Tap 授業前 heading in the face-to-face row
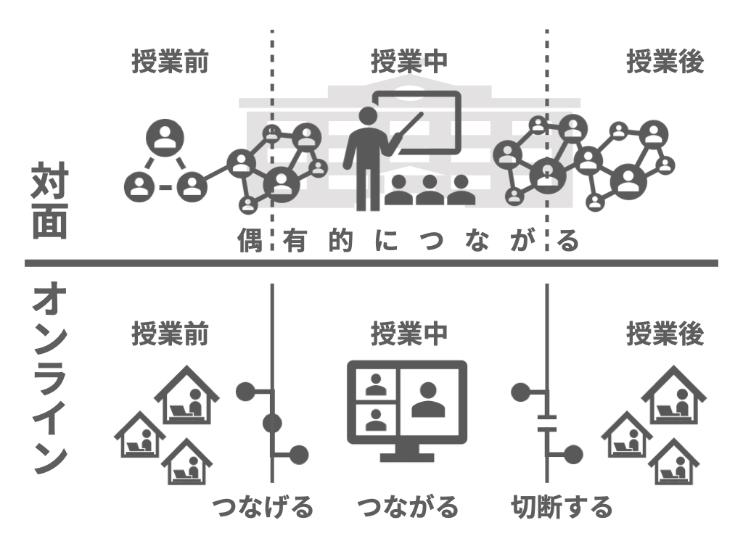170,63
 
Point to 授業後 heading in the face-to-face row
665,63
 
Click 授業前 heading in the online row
170,334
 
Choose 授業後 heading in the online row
665,334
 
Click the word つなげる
262,506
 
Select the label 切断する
561,506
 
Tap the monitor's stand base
407,458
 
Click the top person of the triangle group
165,136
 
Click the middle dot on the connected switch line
273,423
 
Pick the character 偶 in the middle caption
247,240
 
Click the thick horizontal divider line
371,263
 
